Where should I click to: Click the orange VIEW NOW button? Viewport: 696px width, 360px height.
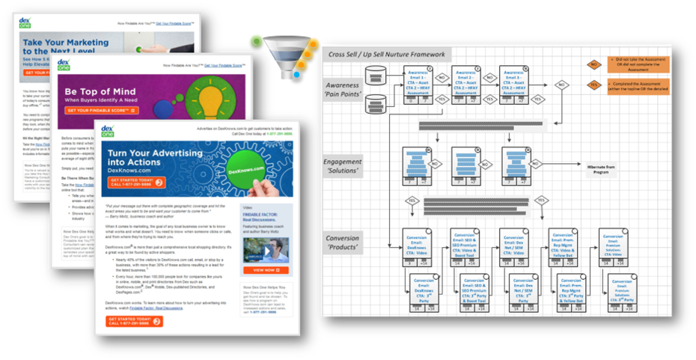[x=264, y=270]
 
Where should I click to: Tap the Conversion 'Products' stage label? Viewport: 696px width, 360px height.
[x=343, y=243]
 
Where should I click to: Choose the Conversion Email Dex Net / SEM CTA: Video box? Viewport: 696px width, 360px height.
[x=514, y=244]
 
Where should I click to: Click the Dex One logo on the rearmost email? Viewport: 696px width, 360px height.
[x=32, y=22]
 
